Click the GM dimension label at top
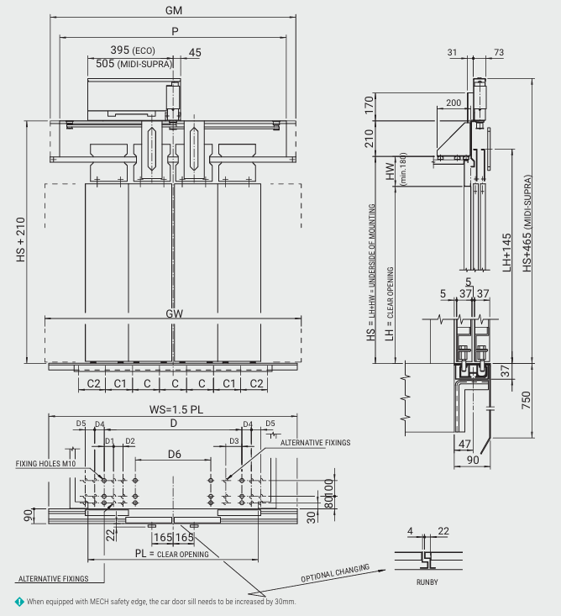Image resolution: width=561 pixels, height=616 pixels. click(x=175, y=10)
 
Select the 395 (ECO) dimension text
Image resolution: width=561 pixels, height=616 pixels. click(x=136, y=50)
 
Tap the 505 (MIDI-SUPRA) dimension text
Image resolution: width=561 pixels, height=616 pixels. click(x=130, y=63)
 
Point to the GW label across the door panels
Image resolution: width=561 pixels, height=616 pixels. click(x=175, y=313)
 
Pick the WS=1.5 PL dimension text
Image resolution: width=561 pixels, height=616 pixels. click(x=175, y=410)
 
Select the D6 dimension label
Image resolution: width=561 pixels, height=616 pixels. click(x=175, y=454)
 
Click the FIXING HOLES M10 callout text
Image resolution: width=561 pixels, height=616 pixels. click(x=46, y=463)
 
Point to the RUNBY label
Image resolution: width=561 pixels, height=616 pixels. click(x=427, y=581)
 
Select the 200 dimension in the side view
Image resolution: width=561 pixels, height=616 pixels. click(x=454, y=103)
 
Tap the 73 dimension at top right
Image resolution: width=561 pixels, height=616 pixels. click(x=498, y=52)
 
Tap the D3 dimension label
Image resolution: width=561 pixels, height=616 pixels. click(x=235, y=440)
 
